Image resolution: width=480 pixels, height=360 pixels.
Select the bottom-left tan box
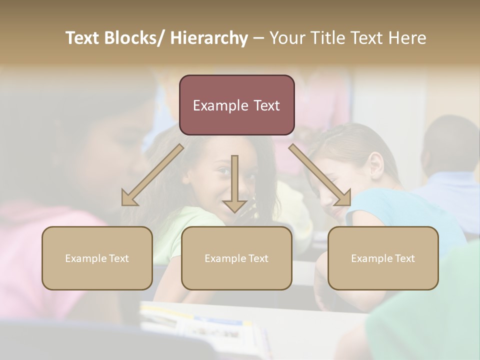click(x=97, y=258)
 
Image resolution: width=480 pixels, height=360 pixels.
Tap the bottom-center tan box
click(x=236, y=258)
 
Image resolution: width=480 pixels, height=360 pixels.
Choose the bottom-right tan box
click(x=383, y=258)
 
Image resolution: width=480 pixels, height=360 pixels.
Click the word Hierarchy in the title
click(x=209, y=38)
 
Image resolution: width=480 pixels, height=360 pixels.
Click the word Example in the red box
click(x=217, y=105)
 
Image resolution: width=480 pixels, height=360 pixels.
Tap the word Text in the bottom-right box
click(x=404, y=258)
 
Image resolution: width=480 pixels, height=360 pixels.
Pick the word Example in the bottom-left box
click(x=86, y=258)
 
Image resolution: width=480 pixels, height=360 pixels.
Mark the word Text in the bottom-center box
click(x=257, y=258)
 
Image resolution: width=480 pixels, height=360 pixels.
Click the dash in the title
click(x=258, y=38)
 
